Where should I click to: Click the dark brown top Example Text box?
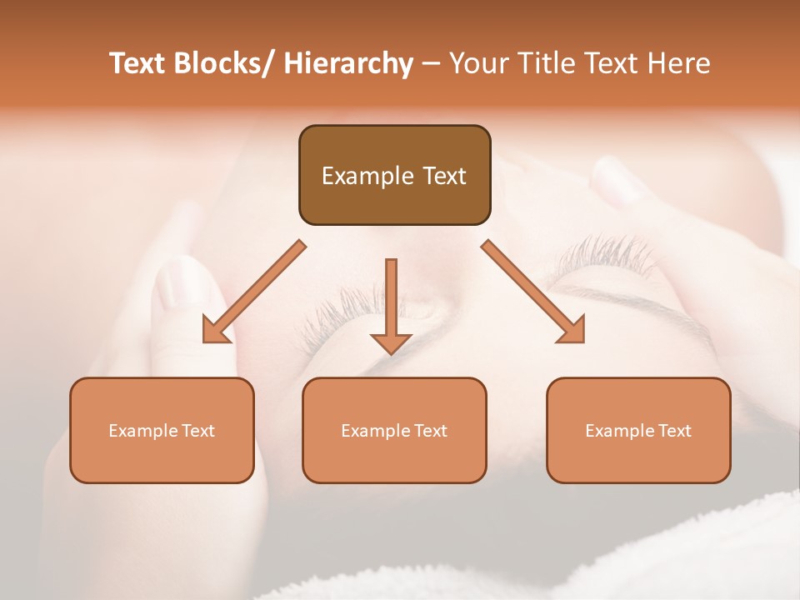(394, 175)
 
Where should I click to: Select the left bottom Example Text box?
(162, 430)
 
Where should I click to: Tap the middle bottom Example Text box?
(394, 430)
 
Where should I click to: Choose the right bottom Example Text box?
(638, 430)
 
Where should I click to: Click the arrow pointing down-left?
(254, 292)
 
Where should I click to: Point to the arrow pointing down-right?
(533, 292)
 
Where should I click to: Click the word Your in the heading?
(477, 63)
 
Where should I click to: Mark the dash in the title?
(431, 63)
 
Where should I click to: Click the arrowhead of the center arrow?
(391, 343)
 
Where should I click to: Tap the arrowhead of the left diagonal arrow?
(215, 331)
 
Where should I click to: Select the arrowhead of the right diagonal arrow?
(572, 331)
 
